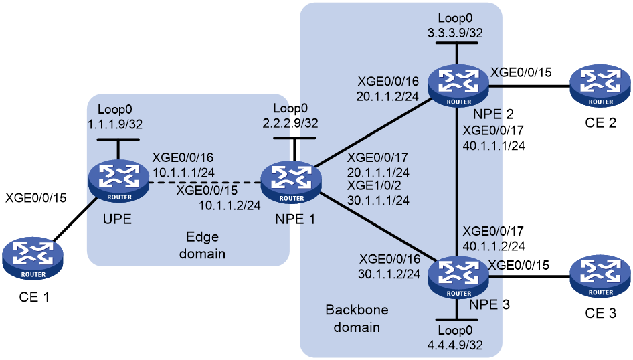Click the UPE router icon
[118, 181]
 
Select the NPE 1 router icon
[291, 183]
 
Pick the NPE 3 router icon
[458, 278]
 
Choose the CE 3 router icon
[600, 277]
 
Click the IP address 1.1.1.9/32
[115, 124]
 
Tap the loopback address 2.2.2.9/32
[290, 123]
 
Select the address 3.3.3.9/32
[456, 33]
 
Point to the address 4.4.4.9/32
[456, 345]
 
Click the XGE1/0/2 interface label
[374, 186]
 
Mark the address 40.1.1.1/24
[494, 145]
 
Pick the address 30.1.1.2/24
[389, 274]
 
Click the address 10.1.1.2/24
[230, 205]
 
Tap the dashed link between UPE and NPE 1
[205, 183]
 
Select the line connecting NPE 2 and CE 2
[529, 86]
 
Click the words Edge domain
[202, 245]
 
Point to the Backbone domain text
[357, 319]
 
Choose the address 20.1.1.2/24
[387, 96]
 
